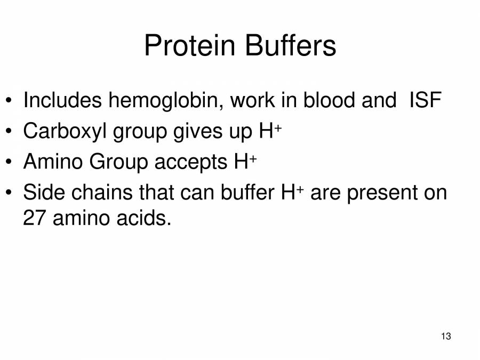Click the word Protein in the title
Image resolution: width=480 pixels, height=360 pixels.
(x=190, y=45)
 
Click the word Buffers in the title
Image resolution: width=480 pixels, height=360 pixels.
(x=291, y=45)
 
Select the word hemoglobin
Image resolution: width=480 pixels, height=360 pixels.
(x=166, y=101)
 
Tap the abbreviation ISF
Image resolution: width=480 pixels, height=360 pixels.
(x=425, y=100)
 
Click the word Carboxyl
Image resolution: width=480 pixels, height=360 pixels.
(x=65, y=132)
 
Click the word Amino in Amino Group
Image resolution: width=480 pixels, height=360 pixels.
(x=53, y=161)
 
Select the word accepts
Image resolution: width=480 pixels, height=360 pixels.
(x=191, y=163)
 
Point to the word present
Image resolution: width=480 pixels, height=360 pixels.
(x=382, y=194)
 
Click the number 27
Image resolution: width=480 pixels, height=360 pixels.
(x=35, y=218)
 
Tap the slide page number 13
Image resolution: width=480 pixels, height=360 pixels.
(x=446, y=336)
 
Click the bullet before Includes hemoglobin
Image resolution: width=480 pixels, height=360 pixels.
(x=9, y=100)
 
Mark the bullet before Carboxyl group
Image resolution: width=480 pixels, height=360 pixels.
(x=9, y=131)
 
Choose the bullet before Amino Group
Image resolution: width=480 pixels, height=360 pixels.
(x=9, y=162)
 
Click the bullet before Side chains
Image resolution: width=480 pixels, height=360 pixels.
(x=9, y=193)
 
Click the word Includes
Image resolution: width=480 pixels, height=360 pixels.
(x=62, y=100)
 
